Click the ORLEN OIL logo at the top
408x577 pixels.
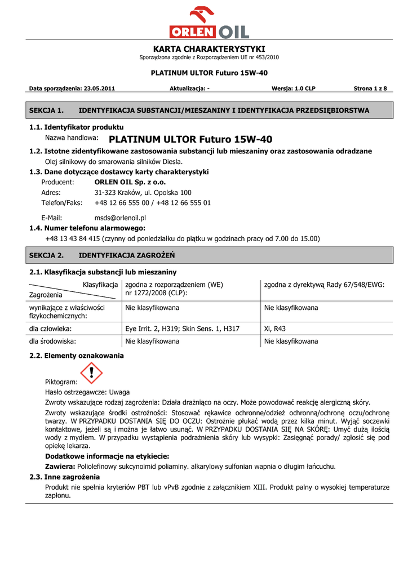(x=209, y=24)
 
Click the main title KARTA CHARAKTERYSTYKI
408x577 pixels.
(x=209, y=49)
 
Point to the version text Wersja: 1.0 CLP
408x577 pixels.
(x=294, y=88)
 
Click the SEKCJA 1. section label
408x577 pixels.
(x=46, y=110)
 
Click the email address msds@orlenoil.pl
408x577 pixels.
(x=120, y=218)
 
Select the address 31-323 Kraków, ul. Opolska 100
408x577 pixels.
(x=143, y=193)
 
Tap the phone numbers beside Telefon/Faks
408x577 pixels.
(x=153, y=203)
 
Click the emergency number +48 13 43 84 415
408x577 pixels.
(x=72, y=238)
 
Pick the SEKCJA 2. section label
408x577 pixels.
(x=46, y=255)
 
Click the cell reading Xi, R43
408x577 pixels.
(x=275, y=329)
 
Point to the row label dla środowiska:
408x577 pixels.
(x=52, y=341)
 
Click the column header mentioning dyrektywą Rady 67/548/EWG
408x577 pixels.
(x=324, y=285)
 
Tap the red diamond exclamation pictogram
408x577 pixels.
(x=91, y=373)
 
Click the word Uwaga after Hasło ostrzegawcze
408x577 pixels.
(x=119, y=392)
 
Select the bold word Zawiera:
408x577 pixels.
(x=60, y=467)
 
